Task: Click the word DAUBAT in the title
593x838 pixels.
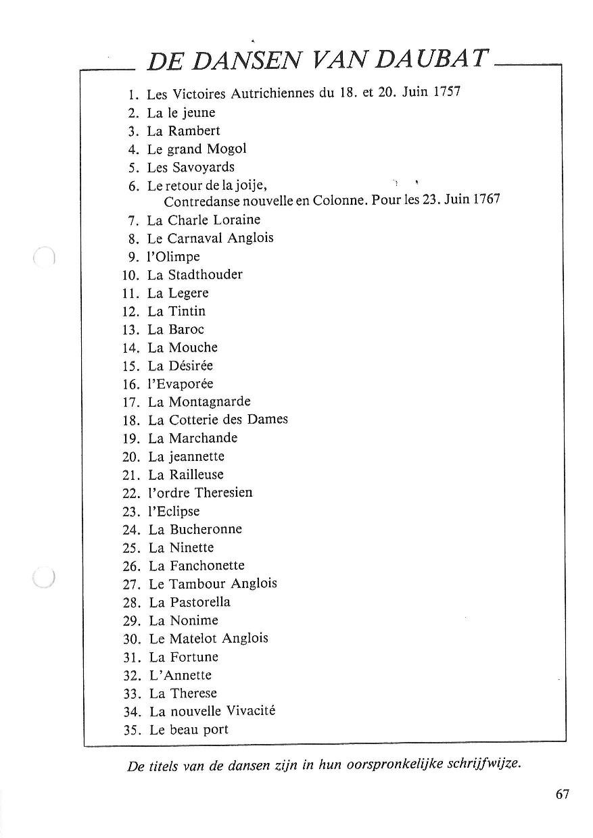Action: (x=430, y=60)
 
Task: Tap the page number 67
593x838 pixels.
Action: (x=563, y=794)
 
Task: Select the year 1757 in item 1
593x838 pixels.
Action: (x=447, y=92)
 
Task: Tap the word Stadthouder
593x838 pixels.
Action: (x=205, y=274)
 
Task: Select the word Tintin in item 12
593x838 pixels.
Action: (x=187, y=311)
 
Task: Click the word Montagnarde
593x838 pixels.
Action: (x=209, y=402)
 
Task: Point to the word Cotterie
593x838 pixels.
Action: (x=195, y=420)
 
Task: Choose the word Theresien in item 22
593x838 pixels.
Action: (x=223, y=493)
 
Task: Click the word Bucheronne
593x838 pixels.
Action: (x=205, y=529)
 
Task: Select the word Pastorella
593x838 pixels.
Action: (x=199, y=601)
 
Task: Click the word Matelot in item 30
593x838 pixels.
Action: (x=193, y=638)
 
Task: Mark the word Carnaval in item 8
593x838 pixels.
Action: (x=195, y=238)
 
